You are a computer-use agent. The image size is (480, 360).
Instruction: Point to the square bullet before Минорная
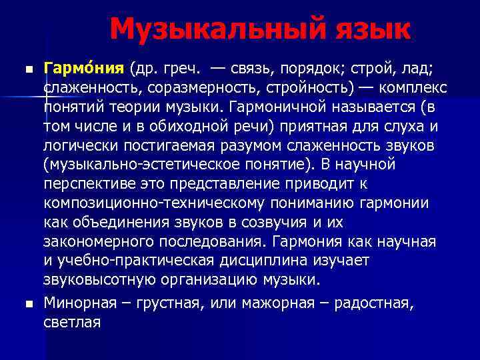click(x=27, y=305)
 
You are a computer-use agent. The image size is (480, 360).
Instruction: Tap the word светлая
click(x=71, y=323)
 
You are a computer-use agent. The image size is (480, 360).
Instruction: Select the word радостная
click(x=374, y=304)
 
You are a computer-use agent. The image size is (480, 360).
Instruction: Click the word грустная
click(x=170, y=304)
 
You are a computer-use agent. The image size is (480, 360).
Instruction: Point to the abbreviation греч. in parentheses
click(x=177, y=69)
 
